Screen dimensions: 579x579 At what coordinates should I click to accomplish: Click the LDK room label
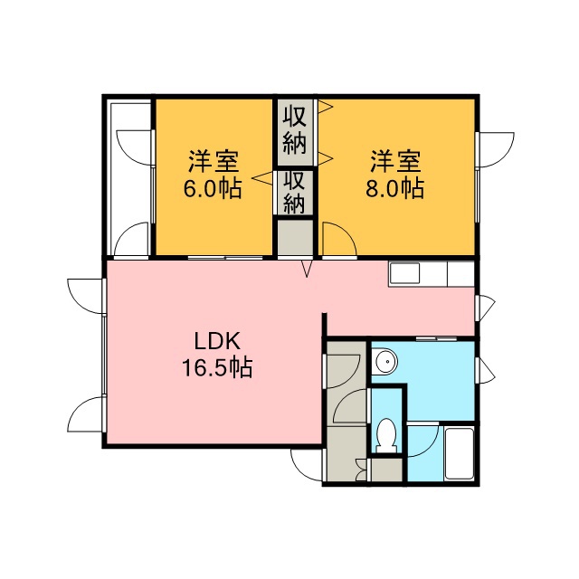click(x=217, y=342)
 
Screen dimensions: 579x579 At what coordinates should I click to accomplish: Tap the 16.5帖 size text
click(x=217, y=367)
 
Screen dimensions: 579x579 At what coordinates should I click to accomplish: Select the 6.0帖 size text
click(x=213, y=188)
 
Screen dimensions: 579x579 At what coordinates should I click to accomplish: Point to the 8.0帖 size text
click(x=394, y=188)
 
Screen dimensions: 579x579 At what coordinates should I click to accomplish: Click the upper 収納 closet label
click(x=295, y=130)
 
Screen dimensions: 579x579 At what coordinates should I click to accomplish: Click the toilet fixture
click(x=386, y=435)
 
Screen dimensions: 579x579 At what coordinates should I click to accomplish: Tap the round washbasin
click(x=384, y=360)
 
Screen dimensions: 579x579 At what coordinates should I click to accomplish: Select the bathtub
click(x=459, y=453)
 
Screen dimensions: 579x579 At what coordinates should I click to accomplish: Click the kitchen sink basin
click(x=404, y=273)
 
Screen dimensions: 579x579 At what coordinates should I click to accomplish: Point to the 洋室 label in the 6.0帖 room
click(x=214, y=161)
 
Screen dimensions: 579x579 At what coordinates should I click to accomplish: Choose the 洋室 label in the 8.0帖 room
click(x=395, y=161)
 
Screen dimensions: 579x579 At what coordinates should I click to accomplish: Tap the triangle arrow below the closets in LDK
click(x=307, y=269)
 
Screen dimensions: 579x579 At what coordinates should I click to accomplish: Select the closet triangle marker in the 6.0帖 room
click(x=264, y=177)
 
